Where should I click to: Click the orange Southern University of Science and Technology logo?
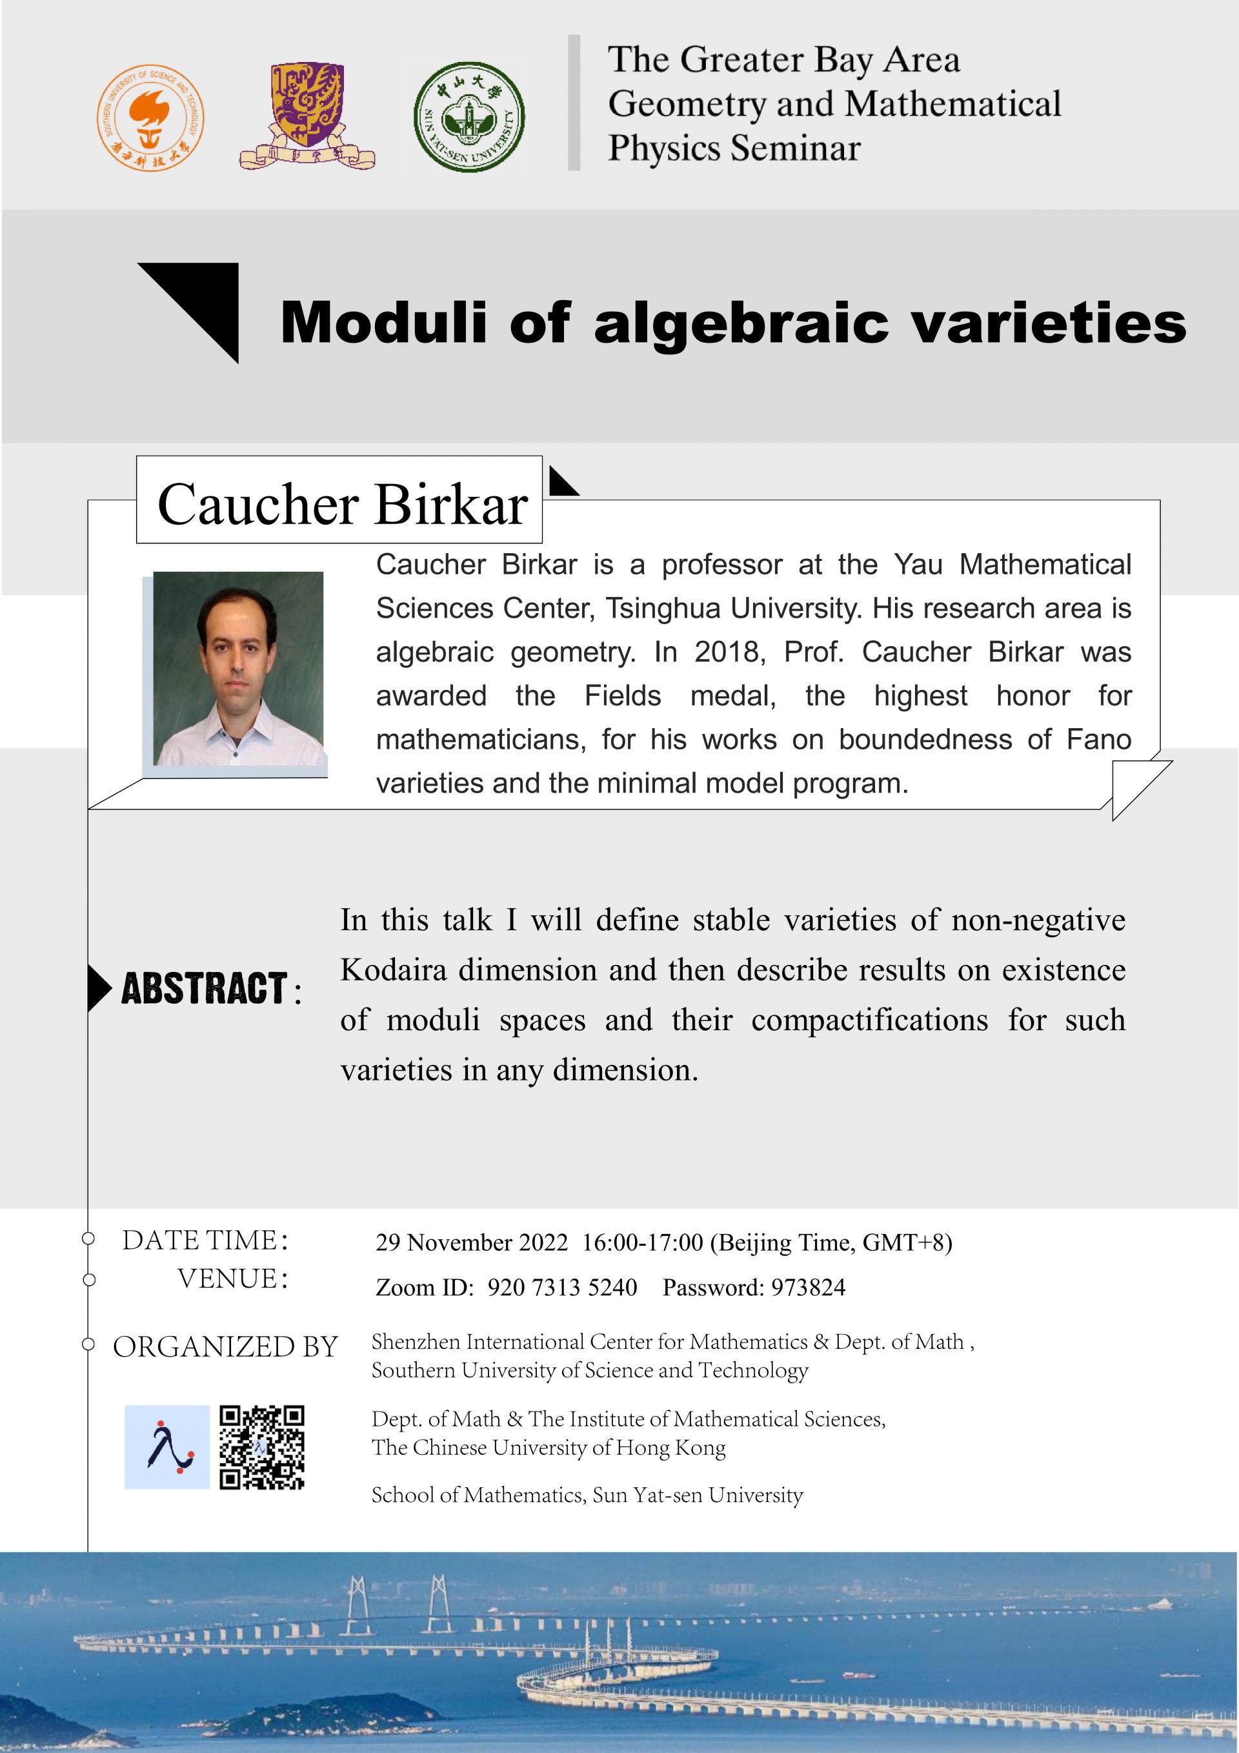(x=150, y=117)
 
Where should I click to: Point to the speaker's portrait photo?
(x=238, y=668)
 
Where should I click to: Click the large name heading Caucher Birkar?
(x=342, y=505)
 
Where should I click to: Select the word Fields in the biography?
(x=622, y=696)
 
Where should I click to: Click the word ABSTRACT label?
(x=205, y=988)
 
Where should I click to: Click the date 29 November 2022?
(x=471, y=1242)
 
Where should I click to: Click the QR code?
(x=262, y=1447)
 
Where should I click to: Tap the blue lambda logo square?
(x=166, y=1447)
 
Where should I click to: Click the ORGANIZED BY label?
(x=225, y=1347)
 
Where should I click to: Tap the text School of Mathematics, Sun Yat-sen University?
(x=587, y=1494)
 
